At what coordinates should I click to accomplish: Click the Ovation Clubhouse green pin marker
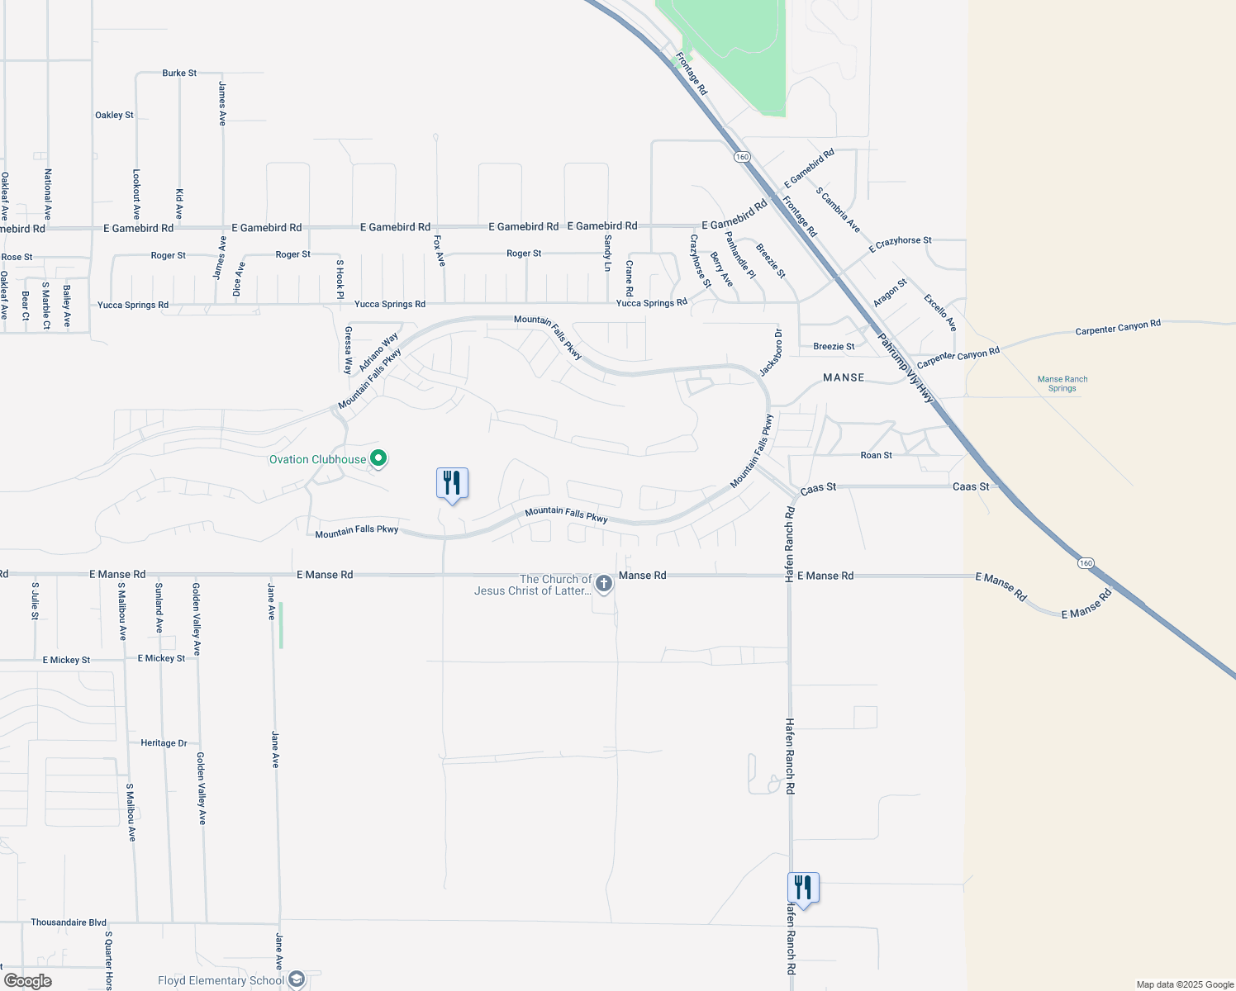coord(378,458)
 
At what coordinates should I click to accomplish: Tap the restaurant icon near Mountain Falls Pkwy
coord(452,482)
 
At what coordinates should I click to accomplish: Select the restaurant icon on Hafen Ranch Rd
coord(803,887)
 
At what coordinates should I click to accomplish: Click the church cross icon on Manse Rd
coord(604,584)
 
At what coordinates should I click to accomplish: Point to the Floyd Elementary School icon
coord(297,979)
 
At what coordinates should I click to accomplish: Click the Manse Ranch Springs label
coord(1062,383)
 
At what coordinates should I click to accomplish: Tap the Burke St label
coord(179,73)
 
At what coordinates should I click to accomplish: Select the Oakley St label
coord(114,115)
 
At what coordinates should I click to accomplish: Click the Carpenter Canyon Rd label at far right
coord(1118,327)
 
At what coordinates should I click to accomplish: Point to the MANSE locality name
coord(844,377)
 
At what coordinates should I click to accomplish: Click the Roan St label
coord(876,455)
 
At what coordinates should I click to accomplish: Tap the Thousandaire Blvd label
coord(69,922)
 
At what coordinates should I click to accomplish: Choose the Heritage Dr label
coord(164,742)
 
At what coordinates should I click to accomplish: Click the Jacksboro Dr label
coord(771,353)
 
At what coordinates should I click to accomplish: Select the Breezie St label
coord(834,346)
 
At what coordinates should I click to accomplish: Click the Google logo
coord(27,981)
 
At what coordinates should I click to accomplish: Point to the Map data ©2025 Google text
coord(1185,984)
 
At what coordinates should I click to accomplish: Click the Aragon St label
coord(890,292)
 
